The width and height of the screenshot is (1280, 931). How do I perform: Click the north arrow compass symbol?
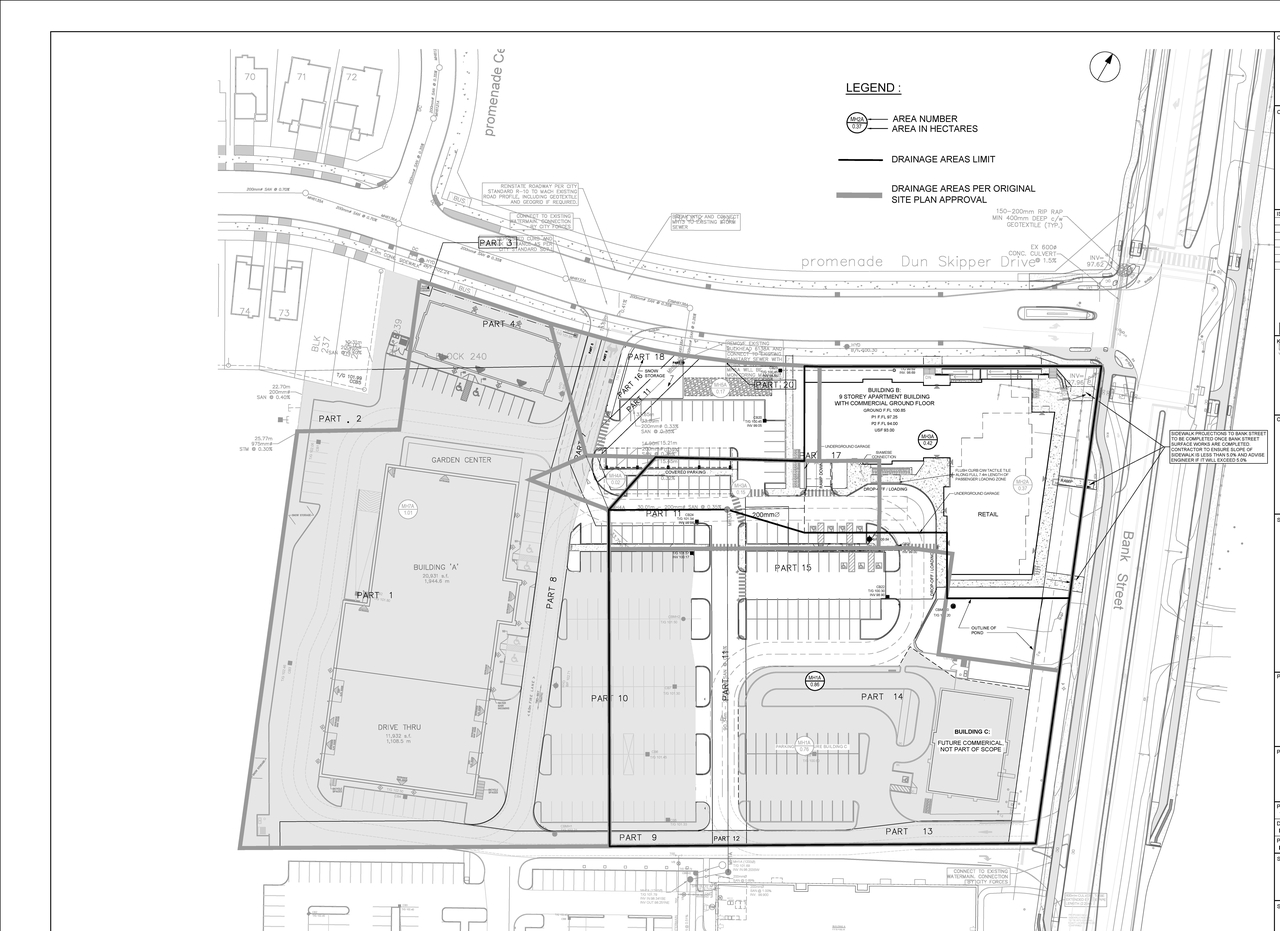coord(1105,68)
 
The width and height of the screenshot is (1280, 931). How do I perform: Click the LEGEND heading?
coord(873,88)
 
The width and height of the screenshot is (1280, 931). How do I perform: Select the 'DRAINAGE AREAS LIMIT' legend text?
coord(943,159)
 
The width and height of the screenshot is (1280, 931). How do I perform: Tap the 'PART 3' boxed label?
coord(496,243)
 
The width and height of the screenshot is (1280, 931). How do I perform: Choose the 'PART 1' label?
coord(375,596)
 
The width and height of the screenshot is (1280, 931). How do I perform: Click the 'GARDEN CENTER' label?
coord(460,460)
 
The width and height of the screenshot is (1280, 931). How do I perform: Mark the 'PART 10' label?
coord(609,698)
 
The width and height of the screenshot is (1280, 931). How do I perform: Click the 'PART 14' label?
coord(882,696)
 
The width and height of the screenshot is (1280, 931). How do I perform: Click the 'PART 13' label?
coord(909,831)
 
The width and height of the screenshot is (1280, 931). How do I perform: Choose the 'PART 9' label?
coord(638,837)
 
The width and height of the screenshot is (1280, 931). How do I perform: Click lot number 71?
coord(300,77)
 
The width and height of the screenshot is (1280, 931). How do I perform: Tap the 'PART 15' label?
coord(793,568)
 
